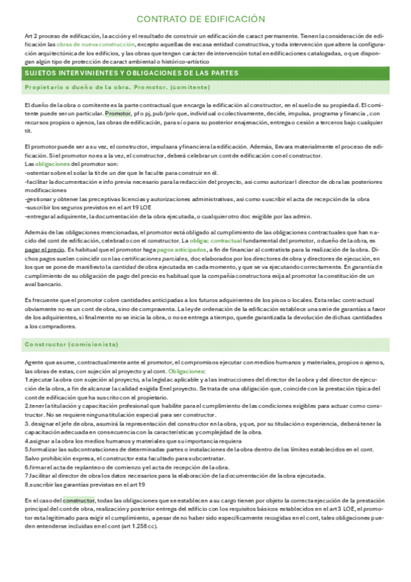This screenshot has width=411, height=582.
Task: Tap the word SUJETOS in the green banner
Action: pos(40,72)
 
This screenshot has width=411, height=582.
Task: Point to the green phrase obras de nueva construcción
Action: pos(86,43)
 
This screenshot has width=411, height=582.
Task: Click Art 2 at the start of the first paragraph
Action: pos(32,35)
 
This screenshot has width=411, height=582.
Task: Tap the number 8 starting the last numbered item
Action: pos(26,484)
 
